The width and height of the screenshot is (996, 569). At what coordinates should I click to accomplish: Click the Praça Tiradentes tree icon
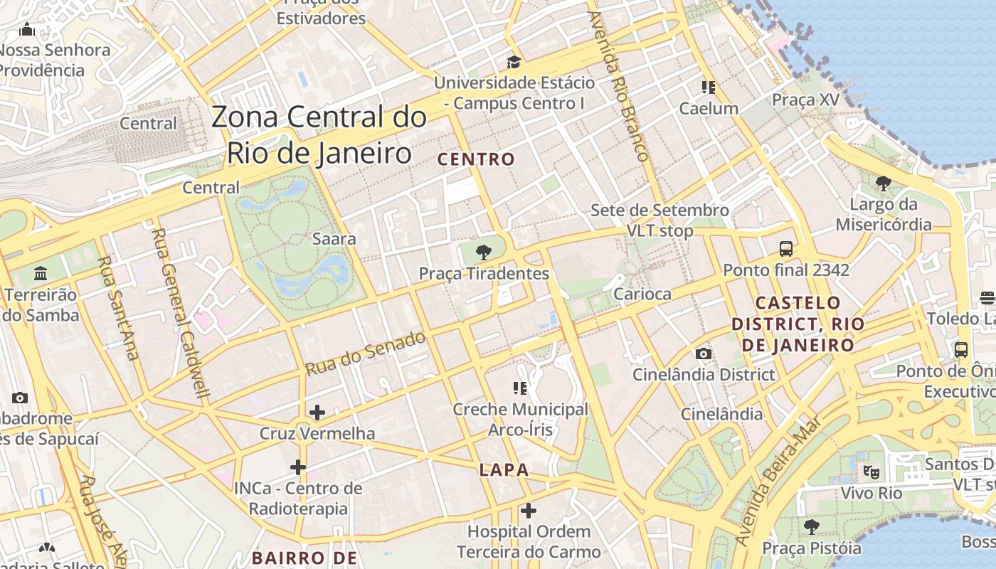pyautogui.click(x=484, y=252)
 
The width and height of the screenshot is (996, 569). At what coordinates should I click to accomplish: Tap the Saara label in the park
pyautogui.click(x=334, y=238)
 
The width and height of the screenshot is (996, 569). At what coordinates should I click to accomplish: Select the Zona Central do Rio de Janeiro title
pyautogui.click(x=319, y=135)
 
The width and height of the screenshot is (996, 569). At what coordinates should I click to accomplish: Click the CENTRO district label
pyautogui.click(x=476, y=159)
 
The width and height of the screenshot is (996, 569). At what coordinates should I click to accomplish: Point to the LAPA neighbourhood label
pyautogui.click(x=504, y=469)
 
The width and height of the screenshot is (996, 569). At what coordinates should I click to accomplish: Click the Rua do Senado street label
pyautogui.click(x=366, y=353)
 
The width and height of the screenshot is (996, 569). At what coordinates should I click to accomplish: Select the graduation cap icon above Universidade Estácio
pyautogui.click(x=513, y=63)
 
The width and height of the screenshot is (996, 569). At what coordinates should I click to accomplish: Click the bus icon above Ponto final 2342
pyautogui.click(x=786, y=249)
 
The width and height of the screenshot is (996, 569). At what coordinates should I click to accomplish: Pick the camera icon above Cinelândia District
pyautogui.click(x=703, y=353)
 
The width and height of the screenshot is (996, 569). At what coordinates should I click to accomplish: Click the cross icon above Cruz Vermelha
pyautogui.click(x=317, y=413)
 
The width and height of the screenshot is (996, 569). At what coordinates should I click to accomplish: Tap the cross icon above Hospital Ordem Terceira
pyautogui.click(x=528, y=511)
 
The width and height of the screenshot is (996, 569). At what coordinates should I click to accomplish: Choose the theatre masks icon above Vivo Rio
pyautogui.click(x=870, y=471)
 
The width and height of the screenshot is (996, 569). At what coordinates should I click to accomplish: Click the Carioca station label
pyautogui.click(x=642, y=294)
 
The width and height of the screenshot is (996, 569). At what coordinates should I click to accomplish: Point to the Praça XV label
pyautogui.click(x=806, y=100)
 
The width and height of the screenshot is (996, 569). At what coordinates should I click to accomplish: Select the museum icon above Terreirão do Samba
pyautogui.click(x=40, y=274)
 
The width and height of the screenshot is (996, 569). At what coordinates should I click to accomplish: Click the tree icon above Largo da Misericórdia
pyautogui.click(x=884, y=184)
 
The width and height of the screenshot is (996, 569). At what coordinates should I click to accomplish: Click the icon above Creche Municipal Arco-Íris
pyautogui.click(x=520, y=388)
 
